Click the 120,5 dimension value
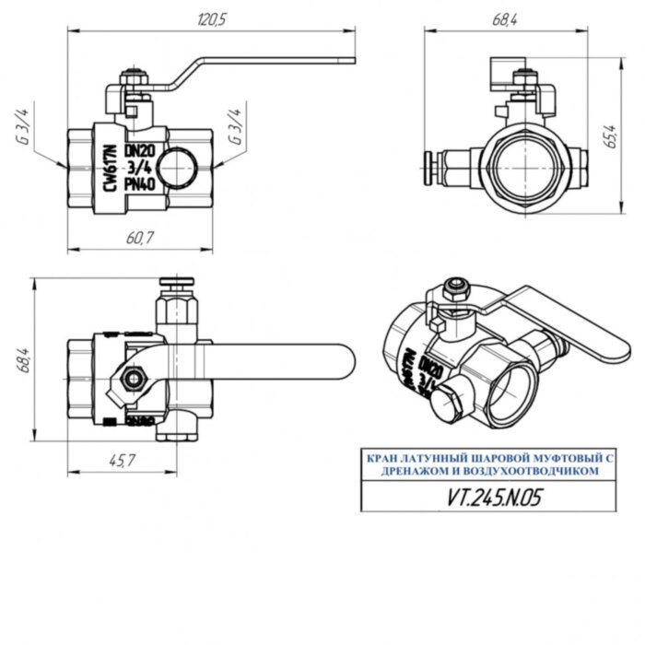(210, 19)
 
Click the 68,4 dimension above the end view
(505, 19)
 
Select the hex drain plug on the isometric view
(445, 404)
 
